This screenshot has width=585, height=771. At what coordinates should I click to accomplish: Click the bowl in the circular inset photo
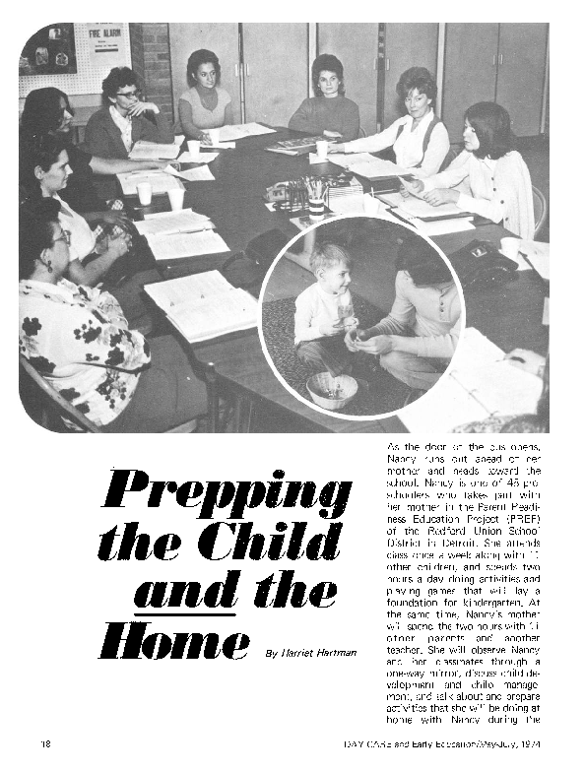click(x=332, y=389)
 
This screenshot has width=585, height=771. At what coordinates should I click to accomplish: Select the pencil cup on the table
click(x=316, y=201)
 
